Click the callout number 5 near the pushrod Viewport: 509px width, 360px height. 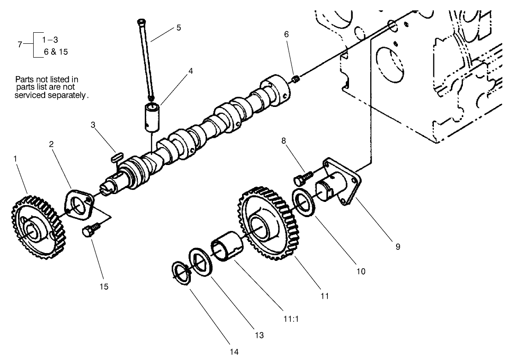point(178,28)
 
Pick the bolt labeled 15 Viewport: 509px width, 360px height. point(91,231)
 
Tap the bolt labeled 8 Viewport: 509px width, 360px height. point(302,177)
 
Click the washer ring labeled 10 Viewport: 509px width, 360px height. point(304,201)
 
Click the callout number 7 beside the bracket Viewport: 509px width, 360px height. point(19,45)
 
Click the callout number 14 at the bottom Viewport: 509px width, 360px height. point(234,352)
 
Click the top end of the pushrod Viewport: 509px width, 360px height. point(142,21)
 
